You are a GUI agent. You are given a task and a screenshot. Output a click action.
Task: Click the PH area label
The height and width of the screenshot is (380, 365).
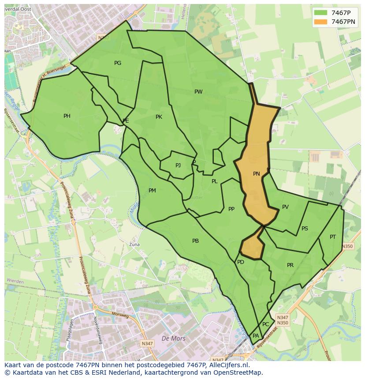tap(67, 116)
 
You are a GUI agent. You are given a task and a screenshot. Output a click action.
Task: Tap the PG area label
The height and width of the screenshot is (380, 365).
tap(118, 63)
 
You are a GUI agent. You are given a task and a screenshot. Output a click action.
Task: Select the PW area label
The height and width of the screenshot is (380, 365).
tap(198, 92)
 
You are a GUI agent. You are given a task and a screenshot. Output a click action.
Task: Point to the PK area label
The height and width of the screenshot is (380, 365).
tap(159, 117)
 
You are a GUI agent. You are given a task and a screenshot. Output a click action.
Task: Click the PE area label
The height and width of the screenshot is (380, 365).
tap(126, 120)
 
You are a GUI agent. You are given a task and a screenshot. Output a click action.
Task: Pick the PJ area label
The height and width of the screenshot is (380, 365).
tap(178, 166)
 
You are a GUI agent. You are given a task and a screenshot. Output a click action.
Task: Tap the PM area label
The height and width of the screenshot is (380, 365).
tap(152, 191)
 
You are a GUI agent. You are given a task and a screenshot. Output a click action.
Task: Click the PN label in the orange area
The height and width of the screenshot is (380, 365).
tap(256, 174)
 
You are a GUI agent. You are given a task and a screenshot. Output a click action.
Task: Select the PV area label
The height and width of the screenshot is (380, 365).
tap(285, 207)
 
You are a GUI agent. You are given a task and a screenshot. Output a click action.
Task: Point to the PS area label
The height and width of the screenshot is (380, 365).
tap(305, 229)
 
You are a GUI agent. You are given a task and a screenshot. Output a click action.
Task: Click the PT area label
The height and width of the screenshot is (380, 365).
tap(333, 237)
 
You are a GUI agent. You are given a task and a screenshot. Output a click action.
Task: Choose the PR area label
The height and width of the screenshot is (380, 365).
tap(290, 265)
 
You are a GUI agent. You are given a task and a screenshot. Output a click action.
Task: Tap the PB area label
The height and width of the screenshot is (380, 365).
tap(195, 241)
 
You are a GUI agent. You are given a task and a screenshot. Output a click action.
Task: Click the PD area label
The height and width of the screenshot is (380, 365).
tap(241, 262)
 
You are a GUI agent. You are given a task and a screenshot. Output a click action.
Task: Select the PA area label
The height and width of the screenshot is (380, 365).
tap(256, 336)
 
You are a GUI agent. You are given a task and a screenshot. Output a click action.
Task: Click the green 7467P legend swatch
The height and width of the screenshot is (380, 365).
tap(320, 13)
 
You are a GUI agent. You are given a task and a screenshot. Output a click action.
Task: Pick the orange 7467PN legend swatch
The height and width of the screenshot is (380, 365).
tap(320, 22)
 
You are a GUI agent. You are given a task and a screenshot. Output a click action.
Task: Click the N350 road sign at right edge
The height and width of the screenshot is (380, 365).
tap(347, 246)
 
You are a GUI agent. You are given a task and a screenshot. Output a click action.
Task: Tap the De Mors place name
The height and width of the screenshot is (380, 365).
tap(174, 339)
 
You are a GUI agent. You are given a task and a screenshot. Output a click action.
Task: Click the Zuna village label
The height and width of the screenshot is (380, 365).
tap(134, 244)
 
